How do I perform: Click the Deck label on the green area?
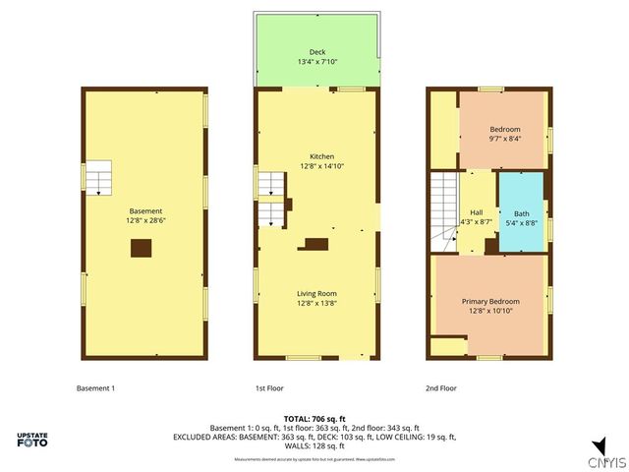(x=316, y=52)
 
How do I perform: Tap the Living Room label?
(x=316, y=293)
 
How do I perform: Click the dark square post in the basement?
(x=142, y=249)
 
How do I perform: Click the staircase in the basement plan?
(x=98, y=178)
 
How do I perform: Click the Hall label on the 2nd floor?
(x=476, y=212)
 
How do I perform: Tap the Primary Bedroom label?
(x=490, y=301)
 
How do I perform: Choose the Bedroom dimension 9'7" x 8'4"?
(x=505, y=139)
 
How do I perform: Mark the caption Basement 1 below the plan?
(x=95, y=388)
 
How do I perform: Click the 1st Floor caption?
(x=269, y=388)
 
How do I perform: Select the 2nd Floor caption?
(x=441, y=388)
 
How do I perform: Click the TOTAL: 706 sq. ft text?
(x=314, y=419)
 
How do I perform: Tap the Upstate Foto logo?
(x=35, y=440)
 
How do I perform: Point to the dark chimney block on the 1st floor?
(x=316, y=244)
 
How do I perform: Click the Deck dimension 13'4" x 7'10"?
(x=316, y=62)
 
